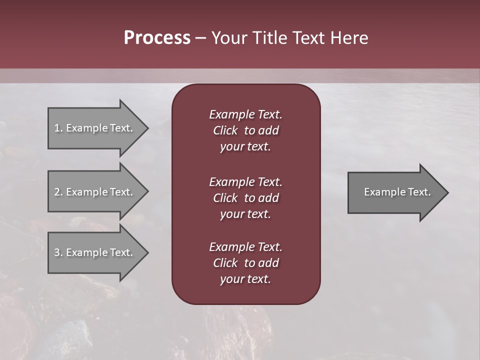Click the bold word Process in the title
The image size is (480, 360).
tap(157, 38)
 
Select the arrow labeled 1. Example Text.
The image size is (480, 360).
tap(95, 128)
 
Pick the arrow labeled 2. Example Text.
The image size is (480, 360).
tap(95, 192)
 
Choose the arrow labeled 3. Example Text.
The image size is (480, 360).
tap(95, 252)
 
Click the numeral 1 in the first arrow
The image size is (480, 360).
tap(57, 128)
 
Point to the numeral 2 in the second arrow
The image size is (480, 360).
tap(57, 192)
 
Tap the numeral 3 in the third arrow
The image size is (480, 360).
tap(57, 252)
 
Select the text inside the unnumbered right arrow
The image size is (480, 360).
tap(397, 192)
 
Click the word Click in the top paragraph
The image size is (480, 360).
tap(225, 130)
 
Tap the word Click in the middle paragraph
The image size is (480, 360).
tap(225, 198)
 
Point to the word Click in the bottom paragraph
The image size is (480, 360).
tap(225, 263)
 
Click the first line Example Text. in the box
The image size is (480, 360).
tap(245, 114)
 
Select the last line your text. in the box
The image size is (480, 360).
tap(245, 279)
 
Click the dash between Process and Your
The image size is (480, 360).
tap(200, 38)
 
